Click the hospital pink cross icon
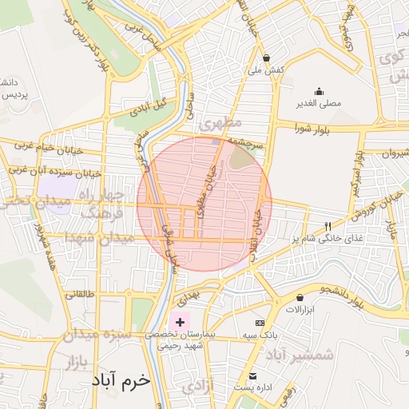[x=180, y=320]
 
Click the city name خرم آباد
[x=121, y=381]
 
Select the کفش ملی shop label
[x=266, y=71]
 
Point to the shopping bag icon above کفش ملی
[x=266, y=58]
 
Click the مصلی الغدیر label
[x=320, y=104]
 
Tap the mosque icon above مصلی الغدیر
[x=320, y=91]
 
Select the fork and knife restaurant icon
[x=327, y=226]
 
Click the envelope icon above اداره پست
[x=253, y=376]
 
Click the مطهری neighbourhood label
[x=221, y=124]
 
